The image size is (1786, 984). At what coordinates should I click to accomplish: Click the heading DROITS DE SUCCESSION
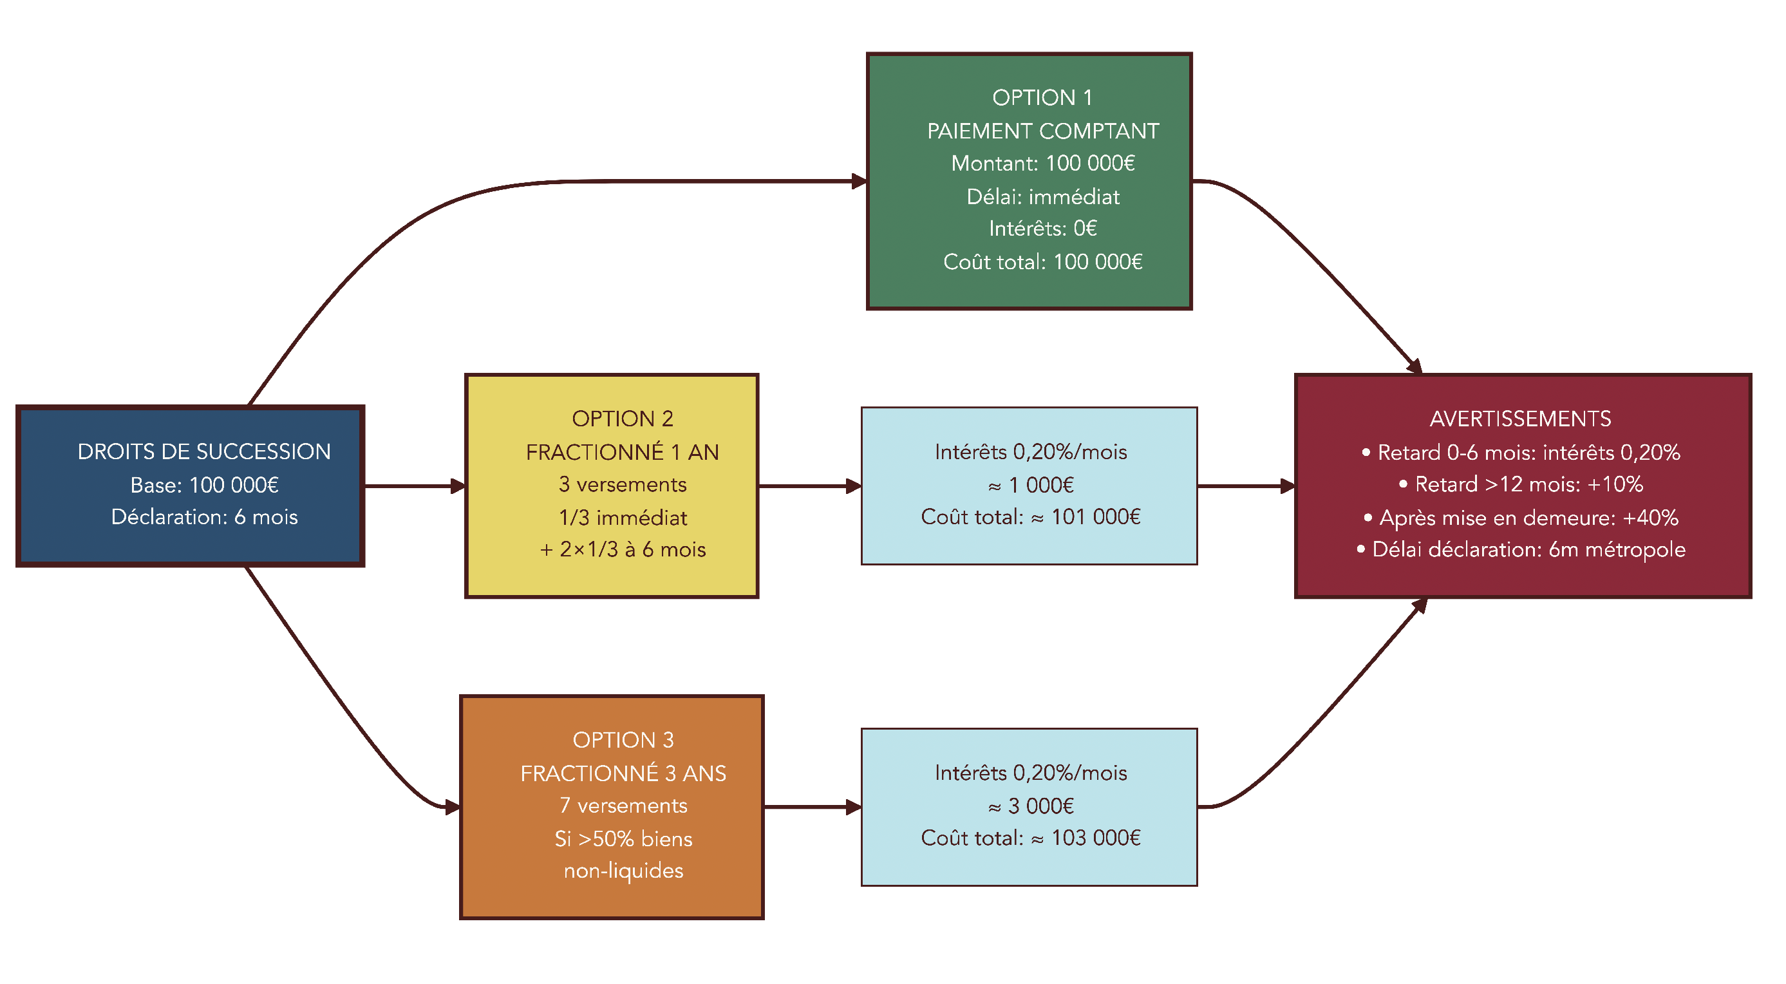click(204, 451)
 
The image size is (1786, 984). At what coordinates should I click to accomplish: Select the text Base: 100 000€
click(204, 485)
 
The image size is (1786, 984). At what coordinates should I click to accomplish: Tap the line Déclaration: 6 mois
click(204, 516)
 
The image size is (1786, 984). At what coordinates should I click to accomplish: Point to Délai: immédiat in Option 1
click(1042, 196)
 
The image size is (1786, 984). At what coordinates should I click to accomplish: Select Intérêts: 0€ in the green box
click(1042, 228)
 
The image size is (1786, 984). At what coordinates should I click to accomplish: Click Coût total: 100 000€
click(1042, 261)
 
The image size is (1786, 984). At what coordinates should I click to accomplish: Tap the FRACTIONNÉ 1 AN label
click(622, 452)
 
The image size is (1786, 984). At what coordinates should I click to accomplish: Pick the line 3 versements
click(622, 484)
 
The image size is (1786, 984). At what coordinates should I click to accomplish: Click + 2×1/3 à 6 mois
click(622, 549)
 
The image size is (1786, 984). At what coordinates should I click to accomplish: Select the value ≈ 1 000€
click(1030, 485)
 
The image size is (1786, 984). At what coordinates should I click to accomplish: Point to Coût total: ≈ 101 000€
click(1030, 516)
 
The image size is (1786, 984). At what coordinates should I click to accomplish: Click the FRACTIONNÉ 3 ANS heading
click(623, 773)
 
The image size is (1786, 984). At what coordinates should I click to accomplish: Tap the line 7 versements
click(623, 805)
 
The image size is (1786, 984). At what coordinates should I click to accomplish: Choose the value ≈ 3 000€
click(1030, 806)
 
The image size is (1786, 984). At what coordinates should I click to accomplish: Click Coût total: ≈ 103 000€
click(1030, 838)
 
